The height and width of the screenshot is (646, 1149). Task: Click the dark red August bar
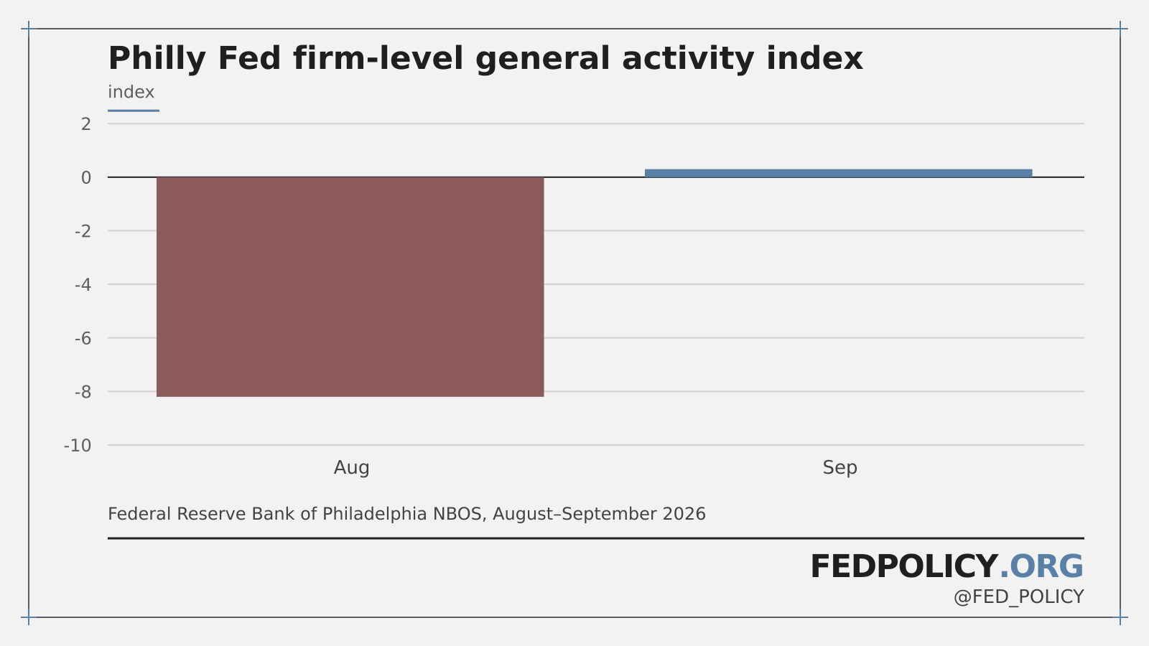(x=350, y=287)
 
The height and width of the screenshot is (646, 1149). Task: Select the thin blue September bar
(x=839, y=173)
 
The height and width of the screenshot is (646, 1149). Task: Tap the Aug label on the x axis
(x=351, y=467)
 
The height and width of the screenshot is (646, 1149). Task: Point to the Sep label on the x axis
(x=839, y=467)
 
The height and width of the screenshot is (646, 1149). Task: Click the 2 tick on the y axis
(x=86, y=124)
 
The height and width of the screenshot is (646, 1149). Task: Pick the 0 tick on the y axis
(x=86, y=178)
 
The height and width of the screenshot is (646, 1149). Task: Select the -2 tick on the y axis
(x=83, y=231)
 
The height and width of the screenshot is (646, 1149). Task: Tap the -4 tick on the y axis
(x=83, y=285)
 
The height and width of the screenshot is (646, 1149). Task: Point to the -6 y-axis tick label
(x=83, y=338)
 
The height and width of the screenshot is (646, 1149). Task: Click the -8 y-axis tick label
(x=83, y=392)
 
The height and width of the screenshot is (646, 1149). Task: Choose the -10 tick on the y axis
(x=78, y=446)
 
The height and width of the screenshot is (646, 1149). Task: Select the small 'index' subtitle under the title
(x=131, y=93)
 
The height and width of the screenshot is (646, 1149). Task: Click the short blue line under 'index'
(x=134, y=111)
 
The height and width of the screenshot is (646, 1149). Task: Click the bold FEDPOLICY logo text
(x=904, y=566)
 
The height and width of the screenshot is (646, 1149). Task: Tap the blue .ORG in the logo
(x=1041, y=566)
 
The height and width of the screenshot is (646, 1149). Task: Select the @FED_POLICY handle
(x=1019, y=597)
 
